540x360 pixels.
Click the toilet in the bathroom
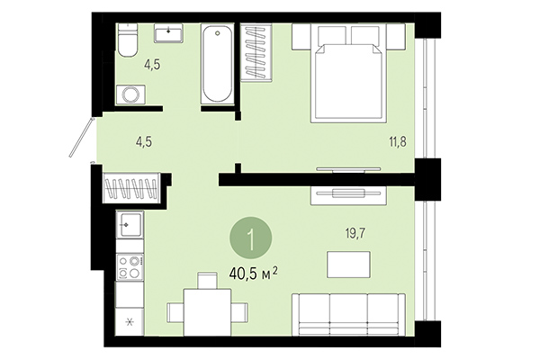(127, 40)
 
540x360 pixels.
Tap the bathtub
(218, 65)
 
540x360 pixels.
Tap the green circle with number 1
(252, 239)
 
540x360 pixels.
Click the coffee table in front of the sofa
(347, 265)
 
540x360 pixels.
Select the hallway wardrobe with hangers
(131, 190)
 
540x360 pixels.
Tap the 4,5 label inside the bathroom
(154, 64)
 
